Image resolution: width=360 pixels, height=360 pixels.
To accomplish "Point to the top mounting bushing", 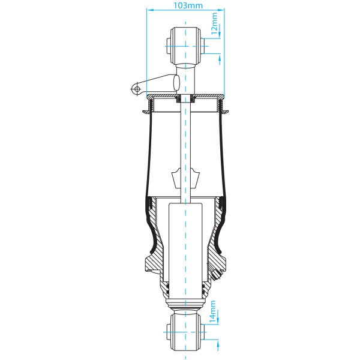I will click(185, 44).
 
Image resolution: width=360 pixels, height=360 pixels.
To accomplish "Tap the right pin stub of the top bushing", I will click(203, 44).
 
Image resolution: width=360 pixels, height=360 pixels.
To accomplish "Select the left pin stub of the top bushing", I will click(167, 44).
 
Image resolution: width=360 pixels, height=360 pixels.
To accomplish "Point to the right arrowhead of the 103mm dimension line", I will click(221, 10).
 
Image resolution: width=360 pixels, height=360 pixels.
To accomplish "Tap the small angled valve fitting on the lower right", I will click(217, 275).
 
